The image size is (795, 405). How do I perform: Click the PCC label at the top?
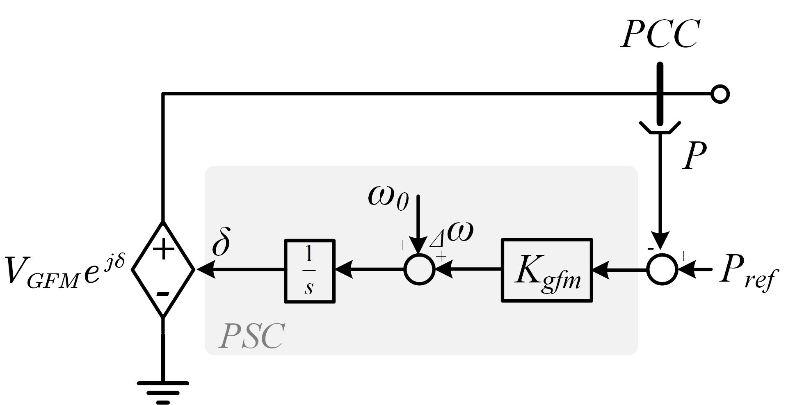pos(660,34)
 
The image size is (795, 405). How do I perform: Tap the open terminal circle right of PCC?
pos(720,94)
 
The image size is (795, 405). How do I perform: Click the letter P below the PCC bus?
pos(694,156)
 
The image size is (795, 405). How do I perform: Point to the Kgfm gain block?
pos(547,271)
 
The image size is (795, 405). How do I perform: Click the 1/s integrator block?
pos(310,271)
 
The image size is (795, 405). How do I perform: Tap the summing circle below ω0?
pos(419,269)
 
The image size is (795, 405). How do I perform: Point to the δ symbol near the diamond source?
pos(221,243)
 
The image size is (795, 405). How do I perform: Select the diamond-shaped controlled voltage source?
pos(163,269)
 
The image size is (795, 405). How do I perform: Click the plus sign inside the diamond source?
pos(163,249)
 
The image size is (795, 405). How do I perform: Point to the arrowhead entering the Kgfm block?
pos(601,270)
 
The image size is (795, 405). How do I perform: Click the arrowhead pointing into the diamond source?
pos(205,269)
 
